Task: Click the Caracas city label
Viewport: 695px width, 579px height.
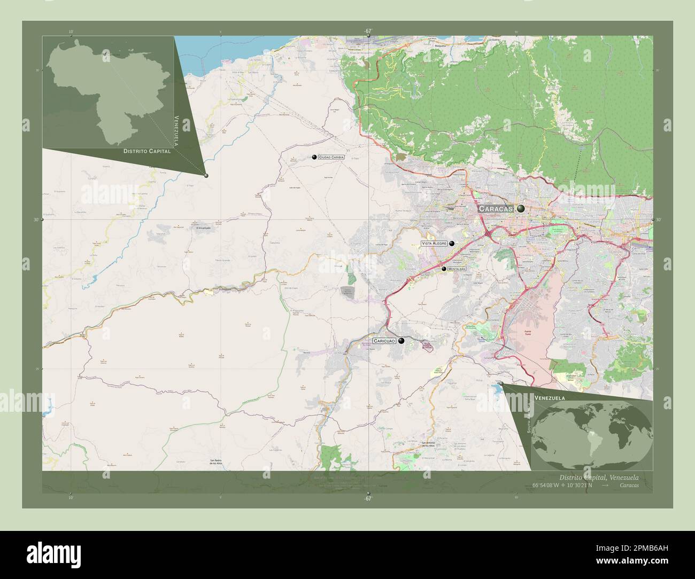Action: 495,209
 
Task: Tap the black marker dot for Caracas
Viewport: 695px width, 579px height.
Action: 521,209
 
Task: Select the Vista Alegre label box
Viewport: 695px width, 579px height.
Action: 434,243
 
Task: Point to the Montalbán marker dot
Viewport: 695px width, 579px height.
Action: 444,269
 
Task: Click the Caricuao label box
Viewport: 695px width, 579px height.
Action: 384,340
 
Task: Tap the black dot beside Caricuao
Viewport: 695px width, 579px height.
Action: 401,340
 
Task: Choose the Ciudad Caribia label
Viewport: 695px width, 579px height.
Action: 331,158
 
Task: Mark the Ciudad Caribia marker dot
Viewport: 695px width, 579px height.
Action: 315,157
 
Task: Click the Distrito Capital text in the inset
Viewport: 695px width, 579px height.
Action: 147,151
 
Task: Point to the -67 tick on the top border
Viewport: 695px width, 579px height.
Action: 368,31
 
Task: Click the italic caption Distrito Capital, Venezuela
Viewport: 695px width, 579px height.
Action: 598,477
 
